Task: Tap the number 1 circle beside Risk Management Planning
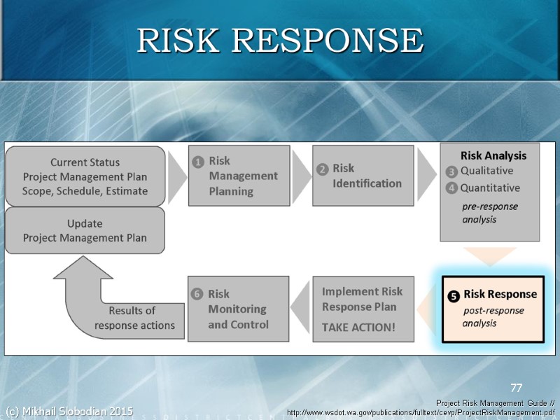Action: pyautogui.click(x=198, y=162)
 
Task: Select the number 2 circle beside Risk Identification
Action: pyautogui.click(x=323, y=169)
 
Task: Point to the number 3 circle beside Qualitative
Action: pyautogui.click(x=451, y=171)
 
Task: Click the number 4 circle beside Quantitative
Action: pyautogui.click(x=451, y=188)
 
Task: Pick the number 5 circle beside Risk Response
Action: pyautogui.click(x=454, y=297)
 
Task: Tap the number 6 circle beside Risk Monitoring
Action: pyautogui.click(x=197, y=295)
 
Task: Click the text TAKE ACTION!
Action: pyautogui.click(x=358, y=327)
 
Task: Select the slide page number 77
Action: pyautogui.click(x=516, y=387)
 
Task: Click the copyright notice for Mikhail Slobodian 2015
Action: pyautogui.click(x=69, y=411)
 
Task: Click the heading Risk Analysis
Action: pyautogui.click(x=493, y=155)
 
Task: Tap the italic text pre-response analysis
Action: pyautogui.click(x=489, y=213)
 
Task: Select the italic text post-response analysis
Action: pyautogui.click(x=493, y=316)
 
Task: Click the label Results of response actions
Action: pyautogui.click(x=134, y=318)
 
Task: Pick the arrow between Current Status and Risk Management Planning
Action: pyautogui.click(x=176, y=175)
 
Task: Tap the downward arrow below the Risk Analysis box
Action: pyautogui.click(x=489, y=255)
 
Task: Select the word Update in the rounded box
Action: pyautogui.click(x=85, y=224)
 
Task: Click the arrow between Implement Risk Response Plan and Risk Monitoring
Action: pyautogui.click(x=300, y=309)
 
